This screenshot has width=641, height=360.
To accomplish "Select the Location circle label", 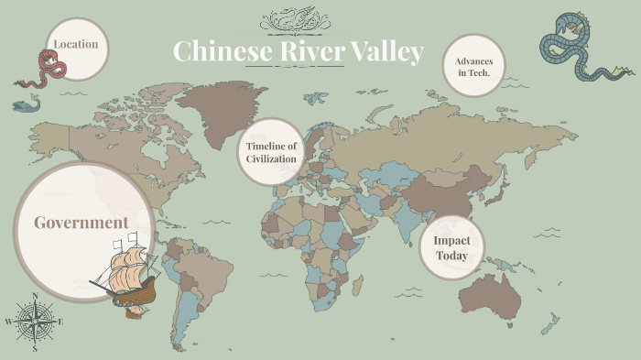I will [76, 44].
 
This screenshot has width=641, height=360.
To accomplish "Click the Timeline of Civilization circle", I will [271, 152].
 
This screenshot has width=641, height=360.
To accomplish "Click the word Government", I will [81, 223].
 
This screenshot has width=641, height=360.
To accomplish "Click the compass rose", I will [35, 322].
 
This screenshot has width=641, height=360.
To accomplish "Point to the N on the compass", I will [35, 296].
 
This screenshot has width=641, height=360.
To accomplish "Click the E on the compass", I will [60, 322].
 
